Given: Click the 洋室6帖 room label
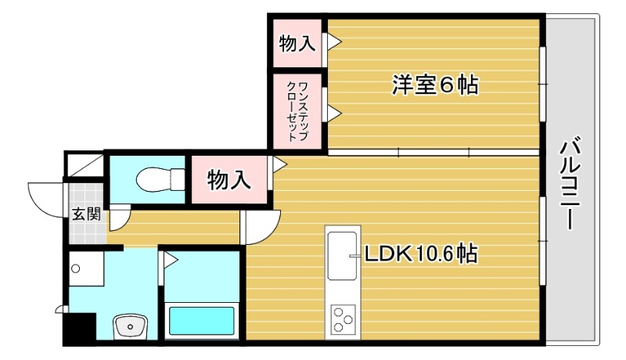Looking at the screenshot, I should (x=434, y=85).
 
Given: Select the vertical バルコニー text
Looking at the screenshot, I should (x=570, y=183).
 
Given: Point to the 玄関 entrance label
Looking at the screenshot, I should (x=86, y=214).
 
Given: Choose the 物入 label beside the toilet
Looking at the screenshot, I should (x=228, y=181).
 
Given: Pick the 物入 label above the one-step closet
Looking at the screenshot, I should (x=297, y=44).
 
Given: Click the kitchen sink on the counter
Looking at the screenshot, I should (x=344, y=254).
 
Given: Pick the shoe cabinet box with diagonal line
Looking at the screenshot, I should (x=84, y=165).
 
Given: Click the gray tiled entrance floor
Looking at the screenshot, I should (x=86, y=196).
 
